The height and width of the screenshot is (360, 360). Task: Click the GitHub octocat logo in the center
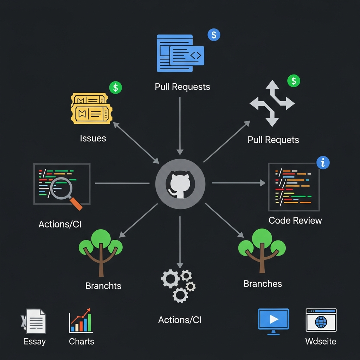180,183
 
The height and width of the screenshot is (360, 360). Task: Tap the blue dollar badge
214,34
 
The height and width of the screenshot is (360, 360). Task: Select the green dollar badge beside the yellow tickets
115,87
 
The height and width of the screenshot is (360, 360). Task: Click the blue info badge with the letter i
323,162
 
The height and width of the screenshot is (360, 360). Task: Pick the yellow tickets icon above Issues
92,109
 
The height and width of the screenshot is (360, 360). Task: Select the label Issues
93,138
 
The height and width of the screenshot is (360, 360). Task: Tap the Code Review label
295,220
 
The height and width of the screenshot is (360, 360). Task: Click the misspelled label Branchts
103,286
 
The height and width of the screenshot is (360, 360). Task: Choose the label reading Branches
262,284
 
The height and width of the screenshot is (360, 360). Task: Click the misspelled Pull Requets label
273,140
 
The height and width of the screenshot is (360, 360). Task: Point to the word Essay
34,341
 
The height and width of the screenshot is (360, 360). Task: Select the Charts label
82,341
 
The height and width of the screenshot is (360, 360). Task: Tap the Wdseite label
321,341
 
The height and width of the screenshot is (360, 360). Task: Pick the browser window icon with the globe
321,320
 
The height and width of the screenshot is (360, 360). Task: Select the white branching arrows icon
272,103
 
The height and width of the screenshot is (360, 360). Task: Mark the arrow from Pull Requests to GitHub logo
180,125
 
